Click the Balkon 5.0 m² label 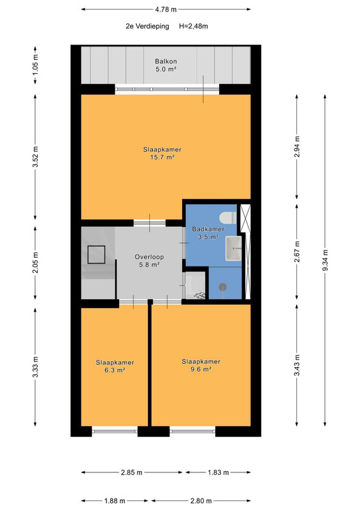(166, 65)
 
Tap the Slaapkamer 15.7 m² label (162, 154)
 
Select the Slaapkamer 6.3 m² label (115, 366)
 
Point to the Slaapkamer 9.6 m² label (201, 365)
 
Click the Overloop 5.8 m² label (149, 261)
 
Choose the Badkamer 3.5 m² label (208, 233)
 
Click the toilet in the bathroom (228, 217)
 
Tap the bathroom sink (234, 249)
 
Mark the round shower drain (223, 286)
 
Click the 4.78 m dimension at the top (166, 10)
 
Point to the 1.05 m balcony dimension (35, 65)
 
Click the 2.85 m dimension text (132, 472)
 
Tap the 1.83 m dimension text (219, 472)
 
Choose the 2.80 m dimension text (201, 501)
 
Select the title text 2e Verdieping (147, 26)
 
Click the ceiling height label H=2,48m (194, 26)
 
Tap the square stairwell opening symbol (96, 254)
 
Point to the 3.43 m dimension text (296, 365)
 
